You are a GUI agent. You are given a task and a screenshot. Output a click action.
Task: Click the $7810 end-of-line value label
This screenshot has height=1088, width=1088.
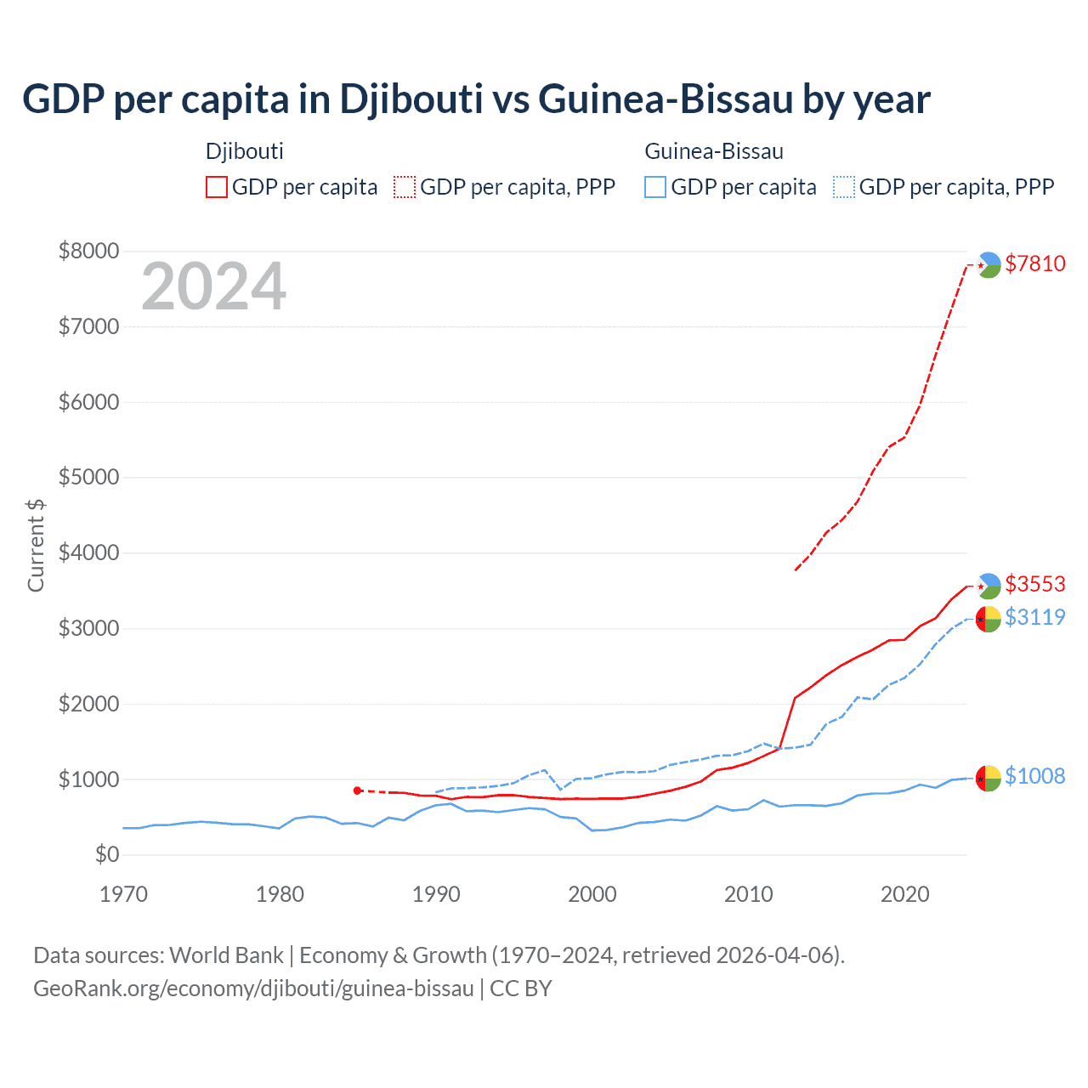(1034, 263)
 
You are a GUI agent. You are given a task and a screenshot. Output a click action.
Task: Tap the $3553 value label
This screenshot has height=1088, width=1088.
(1034, 584)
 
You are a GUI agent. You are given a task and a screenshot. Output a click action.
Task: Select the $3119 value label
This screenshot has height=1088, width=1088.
(1034, 617)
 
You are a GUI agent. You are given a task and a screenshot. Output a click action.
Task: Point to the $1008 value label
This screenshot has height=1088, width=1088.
(1034, 776)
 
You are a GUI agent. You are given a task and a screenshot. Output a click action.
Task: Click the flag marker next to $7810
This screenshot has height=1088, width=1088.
(988, 265)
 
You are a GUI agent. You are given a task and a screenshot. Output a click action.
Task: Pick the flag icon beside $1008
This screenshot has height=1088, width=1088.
(988, 778)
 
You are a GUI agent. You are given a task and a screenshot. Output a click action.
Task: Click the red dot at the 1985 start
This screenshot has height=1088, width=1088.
(358, 790)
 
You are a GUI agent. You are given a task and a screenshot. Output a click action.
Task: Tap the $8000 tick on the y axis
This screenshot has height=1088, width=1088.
(88, 251)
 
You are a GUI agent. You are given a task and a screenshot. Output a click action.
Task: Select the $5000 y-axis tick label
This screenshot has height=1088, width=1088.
(88, 477)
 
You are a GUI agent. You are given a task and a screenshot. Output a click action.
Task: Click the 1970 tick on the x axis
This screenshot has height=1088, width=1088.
(123, 894)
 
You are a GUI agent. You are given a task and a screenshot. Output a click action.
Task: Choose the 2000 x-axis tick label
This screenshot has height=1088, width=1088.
(592, 894)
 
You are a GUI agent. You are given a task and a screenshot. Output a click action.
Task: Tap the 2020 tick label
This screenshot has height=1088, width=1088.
(904, 894)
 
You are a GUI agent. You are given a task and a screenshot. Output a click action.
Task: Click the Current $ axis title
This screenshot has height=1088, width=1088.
(36, 546)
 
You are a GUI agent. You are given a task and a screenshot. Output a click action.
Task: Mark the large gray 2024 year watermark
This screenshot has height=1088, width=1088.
(213, 286)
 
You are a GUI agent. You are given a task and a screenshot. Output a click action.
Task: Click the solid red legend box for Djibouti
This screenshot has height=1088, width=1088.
(217, 187)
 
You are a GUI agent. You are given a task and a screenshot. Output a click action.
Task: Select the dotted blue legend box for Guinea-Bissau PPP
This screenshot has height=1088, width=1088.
(844, 187)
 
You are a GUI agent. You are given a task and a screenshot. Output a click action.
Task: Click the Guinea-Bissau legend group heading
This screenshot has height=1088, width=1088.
(714, 151)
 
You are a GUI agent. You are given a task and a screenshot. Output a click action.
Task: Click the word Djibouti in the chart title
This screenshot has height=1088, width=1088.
(411, 99)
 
